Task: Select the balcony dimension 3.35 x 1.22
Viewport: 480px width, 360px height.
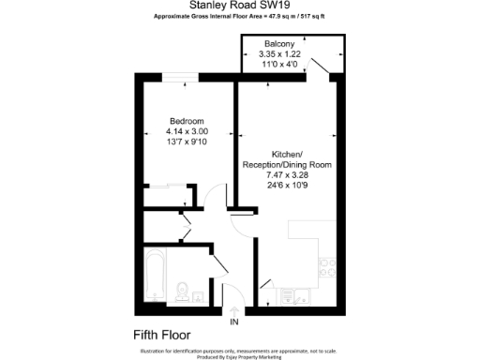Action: pos(279,55)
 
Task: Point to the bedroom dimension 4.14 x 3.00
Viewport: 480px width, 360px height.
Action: pos(187,132)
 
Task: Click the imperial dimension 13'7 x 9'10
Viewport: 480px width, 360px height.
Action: pos(187,143)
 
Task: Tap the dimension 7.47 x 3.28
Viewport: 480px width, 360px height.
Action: pos(287,174)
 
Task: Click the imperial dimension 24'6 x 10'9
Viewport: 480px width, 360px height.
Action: pos(287,185)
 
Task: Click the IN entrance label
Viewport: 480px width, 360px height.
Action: pos(234,323)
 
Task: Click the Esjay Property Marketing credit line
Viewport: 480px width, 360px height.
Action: pos(239,356)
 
